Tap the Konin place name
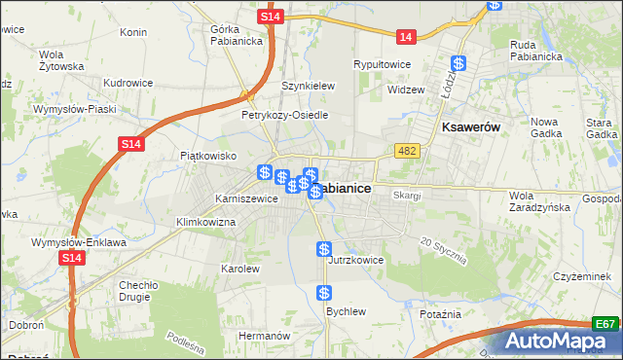click(133, 32)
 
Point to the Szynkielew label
click(308, 86)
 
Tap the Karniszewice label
click(247, 198)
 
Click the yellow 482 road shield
click(407, 151)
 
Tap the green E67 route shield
click(605, 324)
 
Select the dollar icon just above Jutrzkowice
click(325, 249)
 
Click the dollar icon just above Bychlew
click(325, 292)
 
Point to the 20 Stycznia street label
click(444, 250)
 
